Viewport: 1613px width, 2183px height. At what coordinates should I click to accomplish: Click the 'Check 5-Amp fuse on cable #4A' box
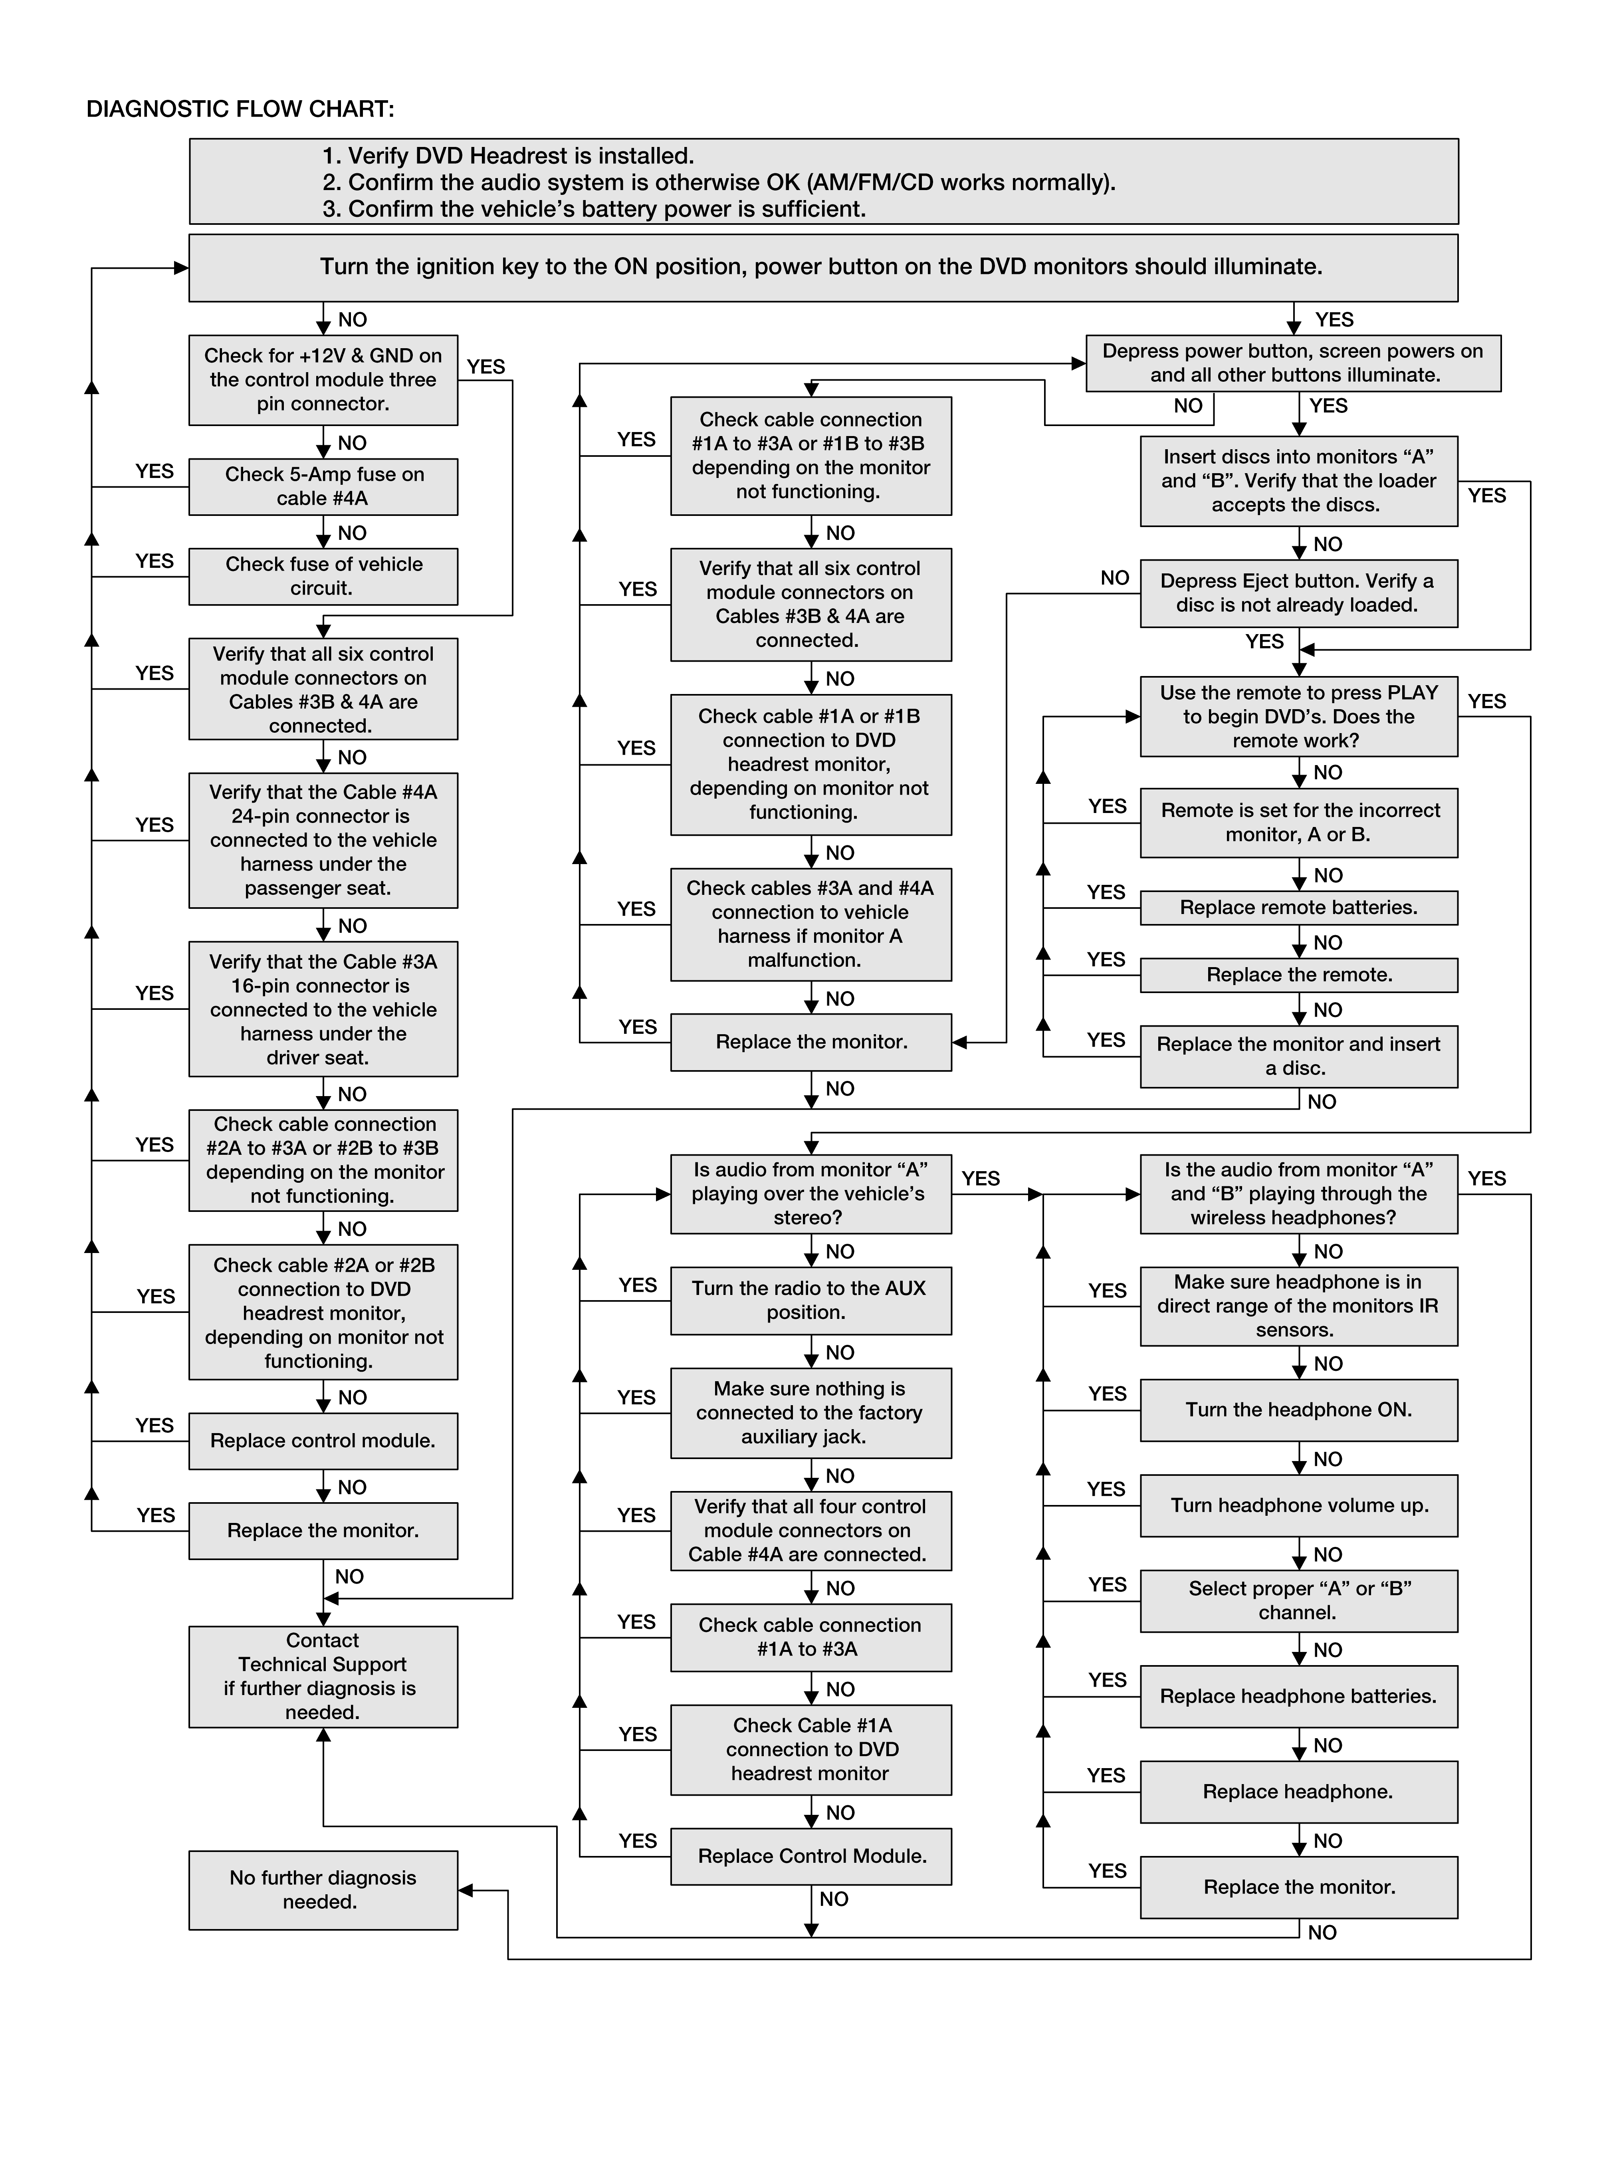[x=323, y=486]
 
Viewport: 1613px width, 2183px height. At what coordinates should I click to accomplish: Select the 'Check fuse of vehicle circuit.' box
[x=323, y=576]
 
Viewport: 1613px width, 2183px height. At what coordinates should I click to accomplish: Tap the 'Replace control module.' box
[x=323, y=1441]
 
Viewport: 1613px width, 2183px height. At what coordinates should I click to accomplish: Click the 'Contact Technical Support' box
[x=323, y=1676]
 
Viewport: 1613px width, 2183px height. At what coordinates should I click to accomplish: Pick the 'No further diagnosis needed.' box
[x=323, y=1890]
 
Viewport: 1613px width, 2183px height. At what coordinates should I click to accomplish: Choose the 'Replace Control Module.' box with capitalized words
[x=811, y=1856]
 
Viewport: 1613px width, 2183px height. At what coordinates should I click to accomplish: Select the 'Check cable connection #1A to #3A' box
[x=811, y=1637]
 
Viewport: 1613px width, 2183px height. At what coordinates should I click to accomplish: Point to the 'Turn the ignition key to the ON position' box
[x=823, y=268]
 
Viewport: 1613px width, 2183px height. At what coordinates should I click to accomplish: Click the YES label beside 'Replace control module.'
[x=154, y=1426]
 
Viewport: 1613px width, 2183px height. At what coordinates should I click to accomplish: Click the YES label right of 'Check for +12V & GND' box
[x=486, y=367]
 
